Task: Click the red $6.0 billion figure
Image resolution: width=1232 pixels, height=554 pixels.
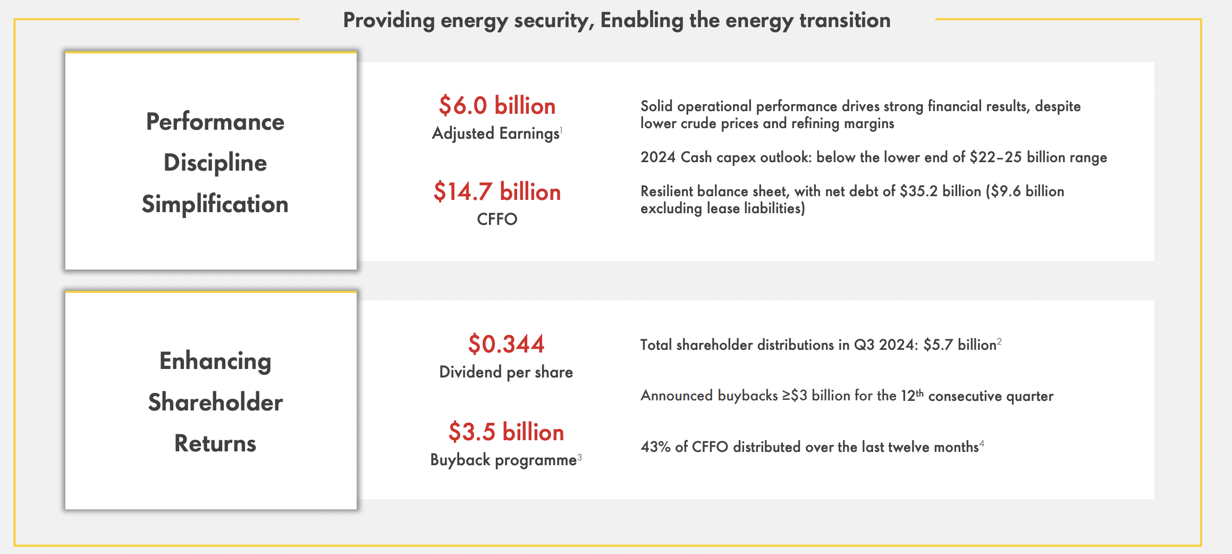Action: [497, 105]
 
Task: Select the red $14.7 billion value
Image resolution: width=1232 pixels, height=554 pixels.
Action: [497, 191]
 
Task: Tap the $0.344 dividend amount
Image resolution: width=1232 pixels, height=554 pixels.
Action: [506, 344]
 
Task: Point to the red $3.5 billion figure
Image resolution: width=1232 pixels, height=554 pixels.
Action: [506, 432]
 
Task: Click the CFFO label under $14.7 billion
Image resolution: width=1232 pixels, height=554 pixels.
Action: [497, 219]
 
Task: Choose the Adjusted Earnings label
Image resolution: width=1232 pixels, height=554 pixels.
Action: [496, 133]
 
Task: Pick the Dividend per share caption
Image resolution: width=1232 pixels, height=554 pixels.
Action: [506, 372]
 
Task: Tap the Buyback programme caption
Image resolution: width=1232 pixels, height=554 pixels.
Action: [503, 460]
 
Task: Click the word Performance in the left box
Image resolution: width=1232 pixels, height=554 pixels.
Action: [215, 122]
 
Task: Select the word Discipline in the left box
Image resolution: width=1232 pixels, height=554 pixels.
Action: [215, 163]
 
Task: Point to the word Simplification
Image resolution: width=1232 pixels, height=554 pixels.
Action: [215, 204]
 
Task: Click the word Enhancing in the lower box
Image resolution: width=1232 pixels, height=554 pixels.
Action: [215, 361]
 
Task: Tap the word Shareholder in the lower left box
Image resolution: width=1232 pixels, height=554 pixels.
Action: [215, 402]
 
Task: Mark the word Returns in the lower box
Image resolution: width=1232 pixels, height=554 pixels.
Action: [215, 443]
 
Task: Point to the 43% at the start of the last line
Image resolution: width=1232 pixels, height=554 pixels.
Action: [655, 447]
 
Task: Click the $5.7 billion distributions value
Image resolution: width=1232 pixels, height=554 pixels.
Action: [960, 345]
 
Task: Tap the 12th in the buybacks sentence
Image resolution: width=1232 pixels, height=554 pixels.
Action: [912, 396]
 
